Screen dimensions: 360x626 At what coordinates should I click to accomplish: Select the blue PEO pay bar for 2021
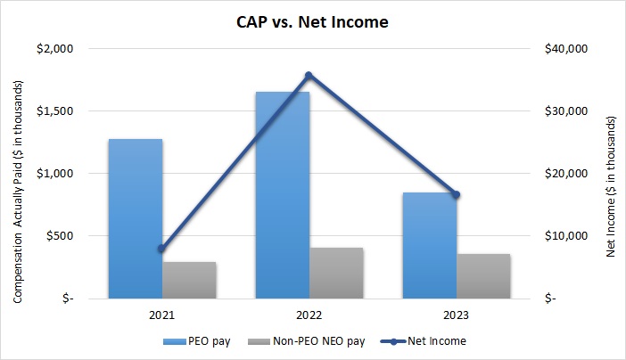pos(136,218)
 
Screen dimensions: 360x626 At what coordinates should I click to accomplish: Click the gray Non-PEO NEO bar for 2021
pos(189,280)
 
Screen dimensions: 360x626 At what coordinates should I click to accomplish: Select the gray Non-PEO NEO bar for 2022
pos(336,273)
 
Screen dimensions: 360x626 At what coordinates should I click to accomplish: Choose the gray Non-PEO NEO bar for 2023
pos(483,276)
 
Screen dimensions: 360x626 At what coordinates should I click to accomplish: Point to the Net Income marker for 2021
pos(162,249)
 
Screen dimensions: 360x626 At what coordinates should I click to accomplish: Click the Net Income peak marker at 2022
pos(309,75)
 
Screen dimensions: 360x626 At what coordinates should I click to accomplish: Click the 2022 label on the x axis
pos(309,315)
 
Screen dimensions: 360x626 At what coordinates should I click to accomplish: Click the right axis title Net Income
pos(611,174)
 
